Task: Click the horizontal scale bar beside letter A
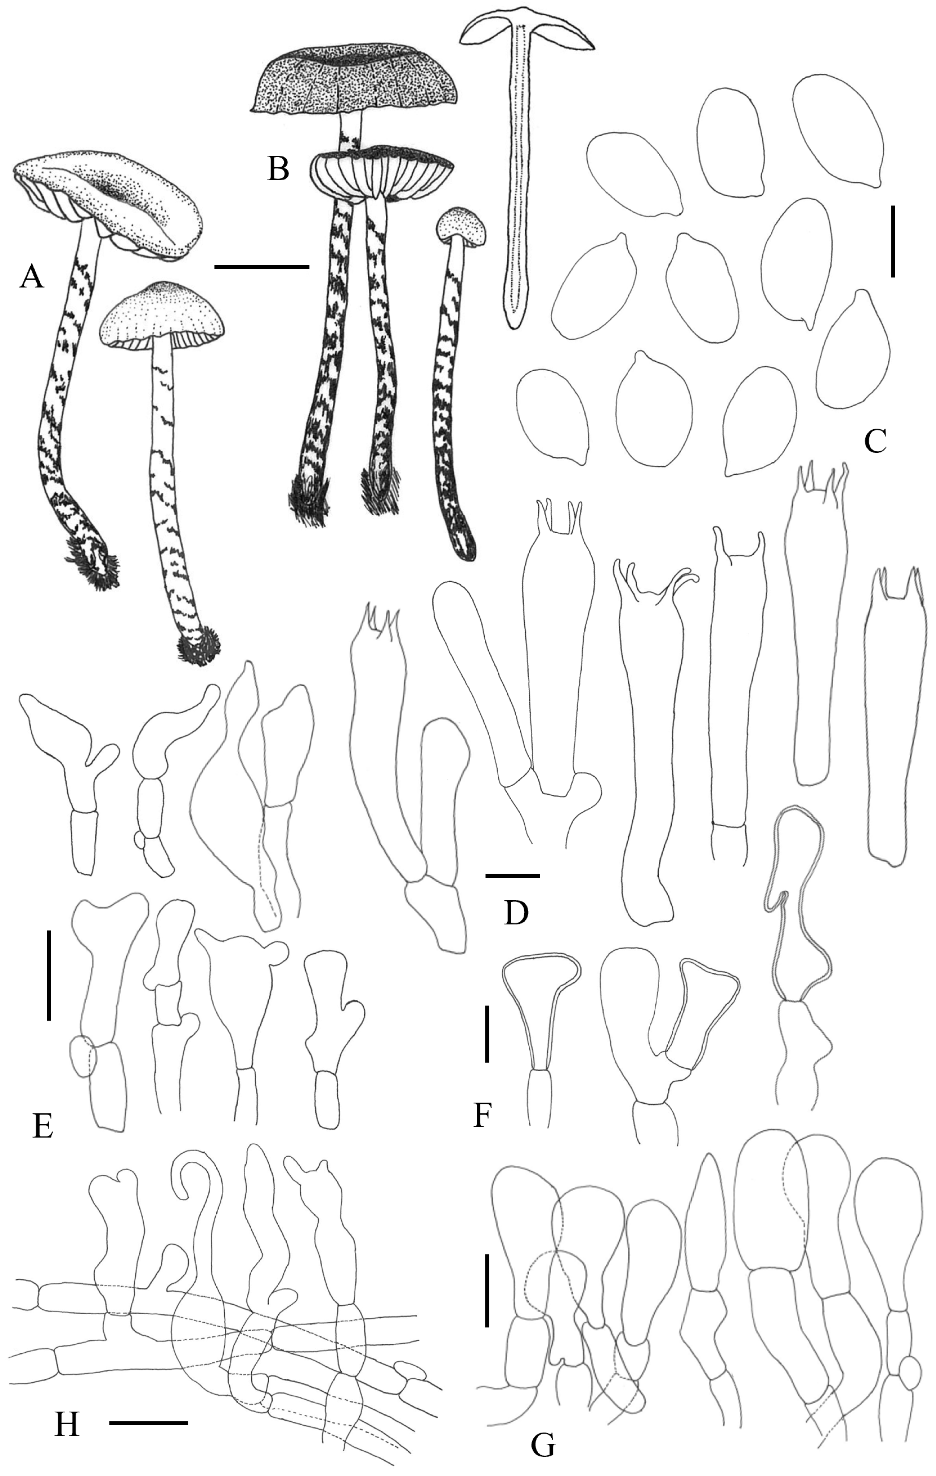262,267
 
